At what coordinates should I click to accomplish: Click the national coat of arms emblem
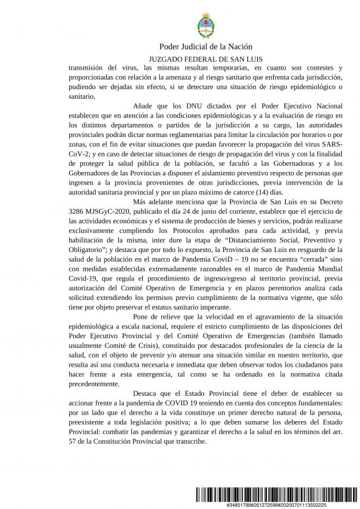[205, 26]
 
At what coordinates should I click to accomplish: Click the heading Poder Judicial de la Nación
[205, 47]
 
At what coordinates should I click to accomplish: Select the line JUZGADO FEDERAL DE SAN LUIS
[205, 59]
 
